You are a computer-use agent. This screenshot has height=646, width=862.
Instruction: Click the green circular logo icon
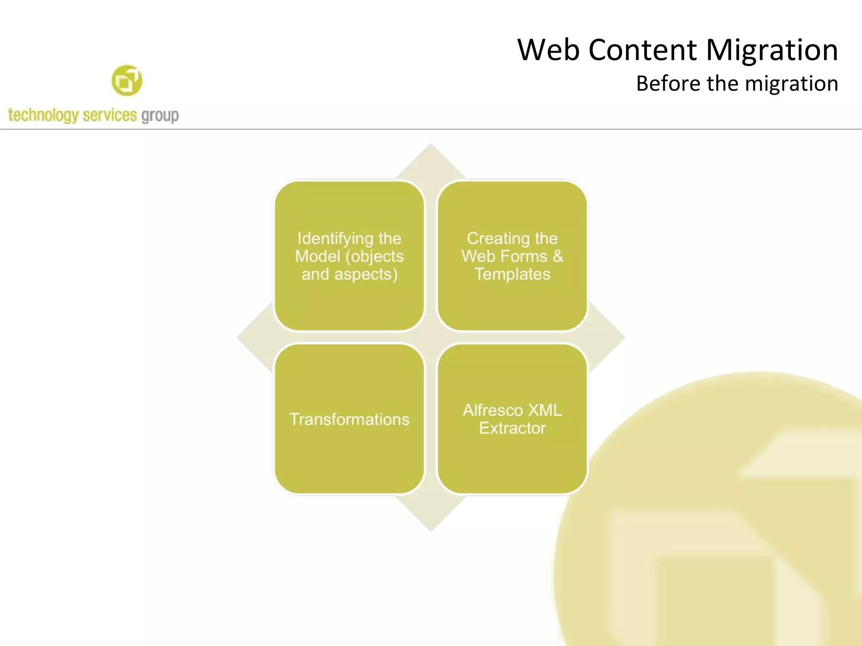[127, 80]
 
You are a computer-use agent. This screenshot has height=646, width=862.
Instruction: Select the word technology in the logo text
[43, 115]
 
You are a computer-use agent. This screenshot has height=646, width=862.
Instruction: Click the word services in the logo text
[110, 115]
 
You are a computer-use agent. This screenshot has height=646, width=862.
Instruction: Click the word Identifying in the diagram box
[330, 239]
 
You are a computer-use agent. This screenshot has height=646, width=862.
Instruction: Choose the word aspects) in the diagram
[366, 275]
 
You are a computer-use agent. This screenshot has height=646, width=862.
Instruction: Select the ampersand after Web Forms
[557, 256]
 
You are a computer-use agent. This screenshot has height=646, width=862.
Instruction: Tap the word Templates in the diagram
[512, 274]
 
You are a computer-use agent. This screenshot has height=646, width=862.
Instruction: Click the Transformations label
[349, 419]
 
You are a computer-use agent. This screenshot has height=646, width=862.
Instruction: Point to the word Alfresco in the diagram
[492, 410]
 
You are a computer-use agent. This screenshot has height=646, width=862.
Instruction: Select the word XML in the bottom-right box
[545, 410]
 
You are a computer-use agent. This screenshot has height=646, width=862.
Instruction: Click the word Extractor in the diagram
[512, 428]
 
